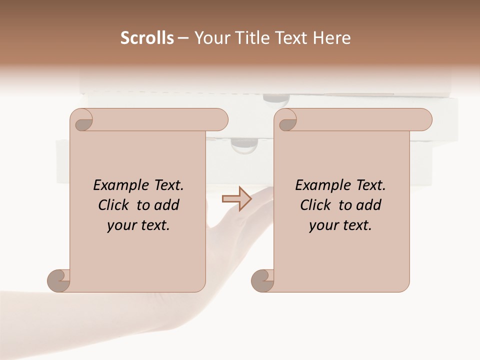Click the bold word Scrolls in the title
click(147, 38)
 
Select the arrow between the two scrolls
click(236, 199)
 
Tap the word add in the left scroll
click(167, 205)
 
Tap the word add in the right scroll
click(369, 205)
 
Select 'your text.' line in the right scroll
click(340, 225)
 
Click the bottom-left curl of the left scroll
click(58, 281)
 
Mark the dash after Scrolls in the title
click(183, 38)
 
